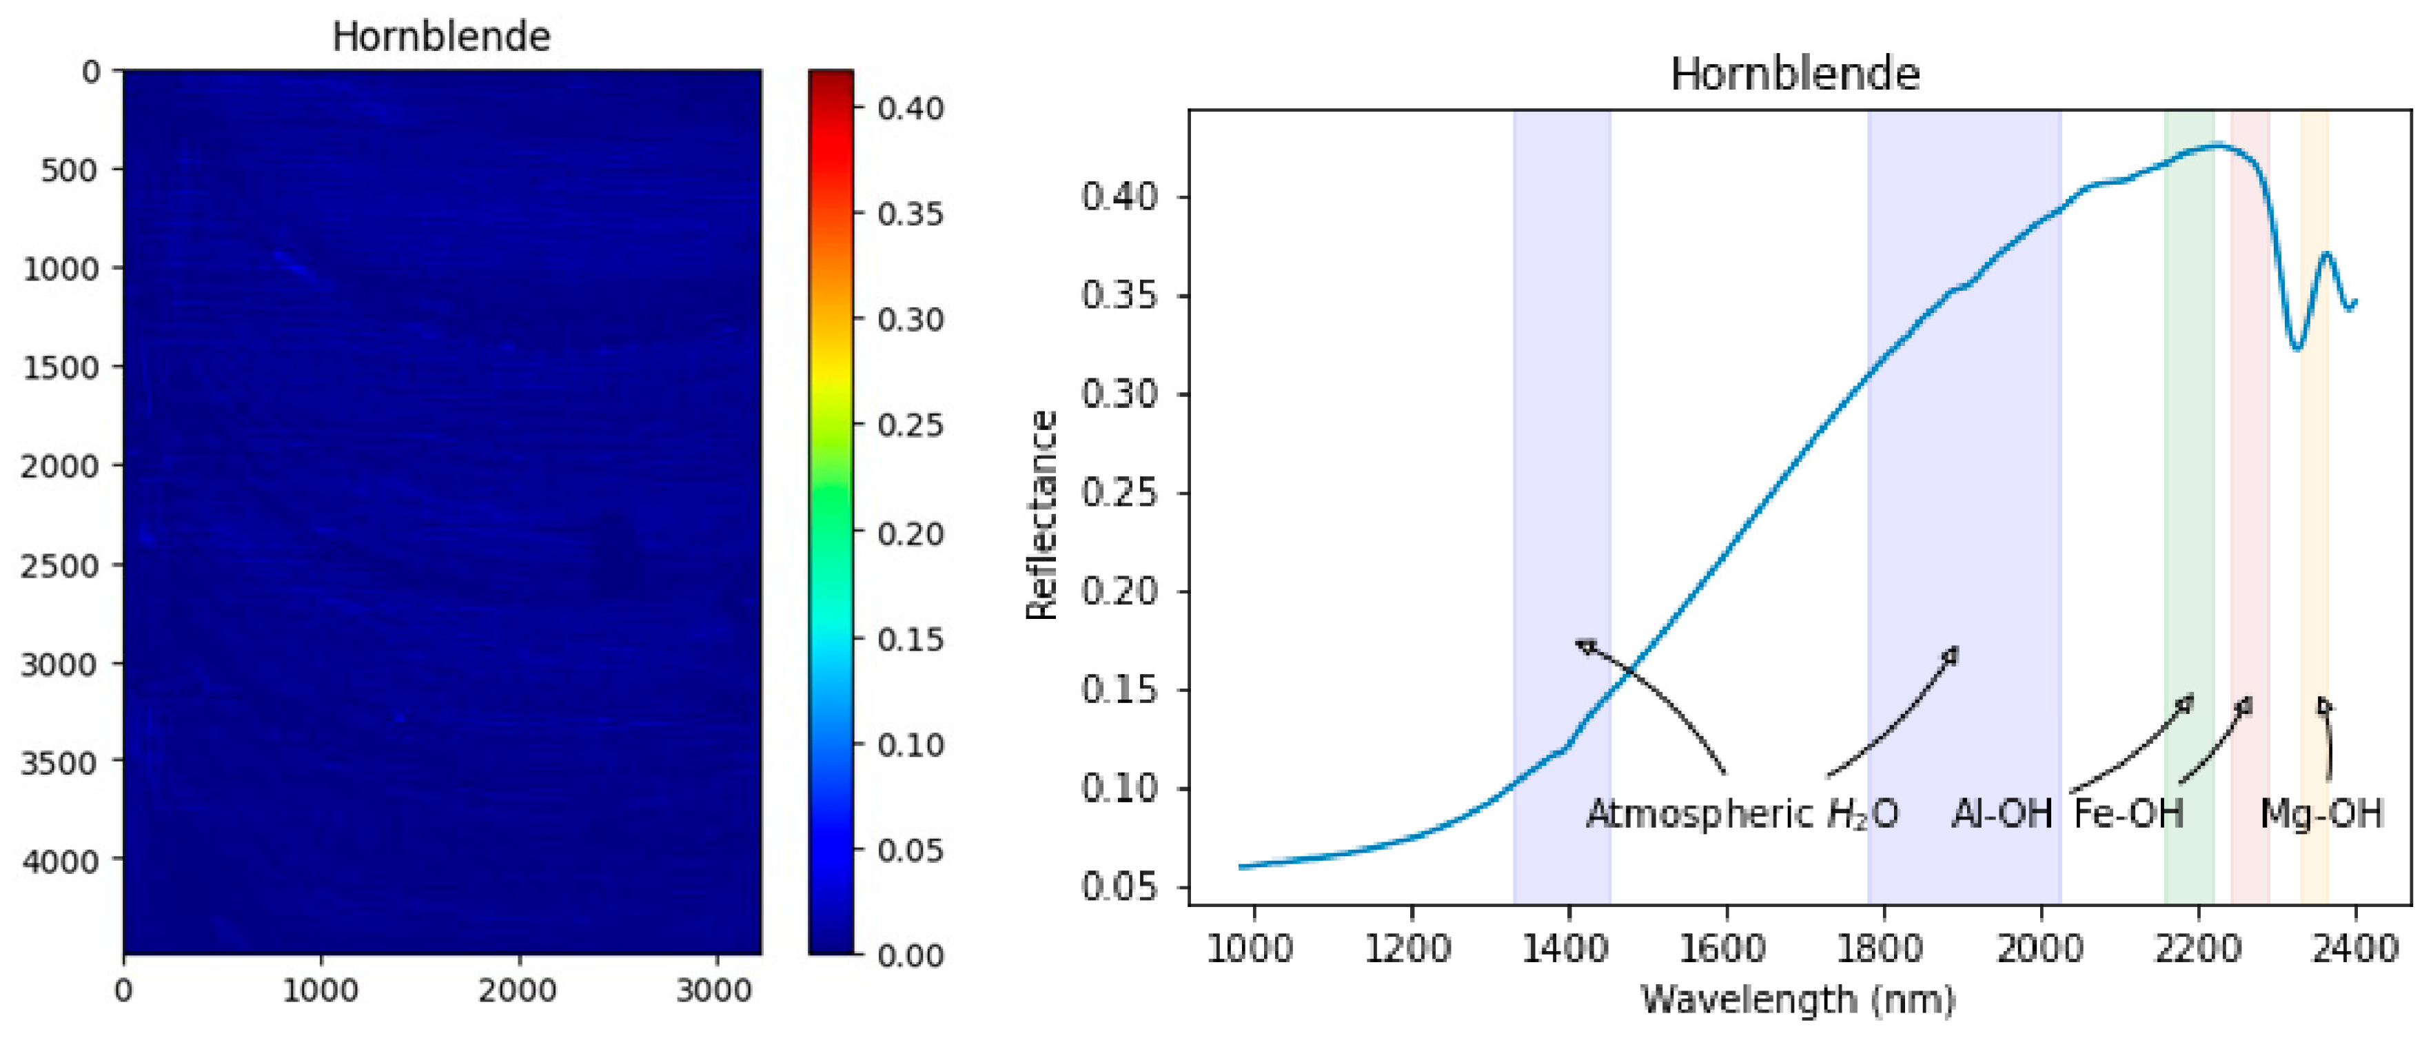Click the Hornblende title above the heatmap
click(441, 37)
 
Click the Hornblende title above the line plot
click(1795, 74)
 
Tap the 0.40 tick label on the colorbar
click(910, 109)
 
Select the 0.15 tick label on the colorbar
click(910, 640)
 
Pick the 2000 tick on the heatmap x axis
click(517, 990)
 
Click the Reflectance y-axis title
click(1041, 515)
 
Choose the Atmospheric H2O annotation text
click(1742, 814)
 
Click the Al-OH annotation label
click(2002, 814)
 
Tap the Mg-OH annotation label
click(2321, 814)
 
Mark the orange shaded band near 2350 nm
click(2314, 567)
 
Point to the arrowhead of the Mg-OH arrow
click(2323, 704)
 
